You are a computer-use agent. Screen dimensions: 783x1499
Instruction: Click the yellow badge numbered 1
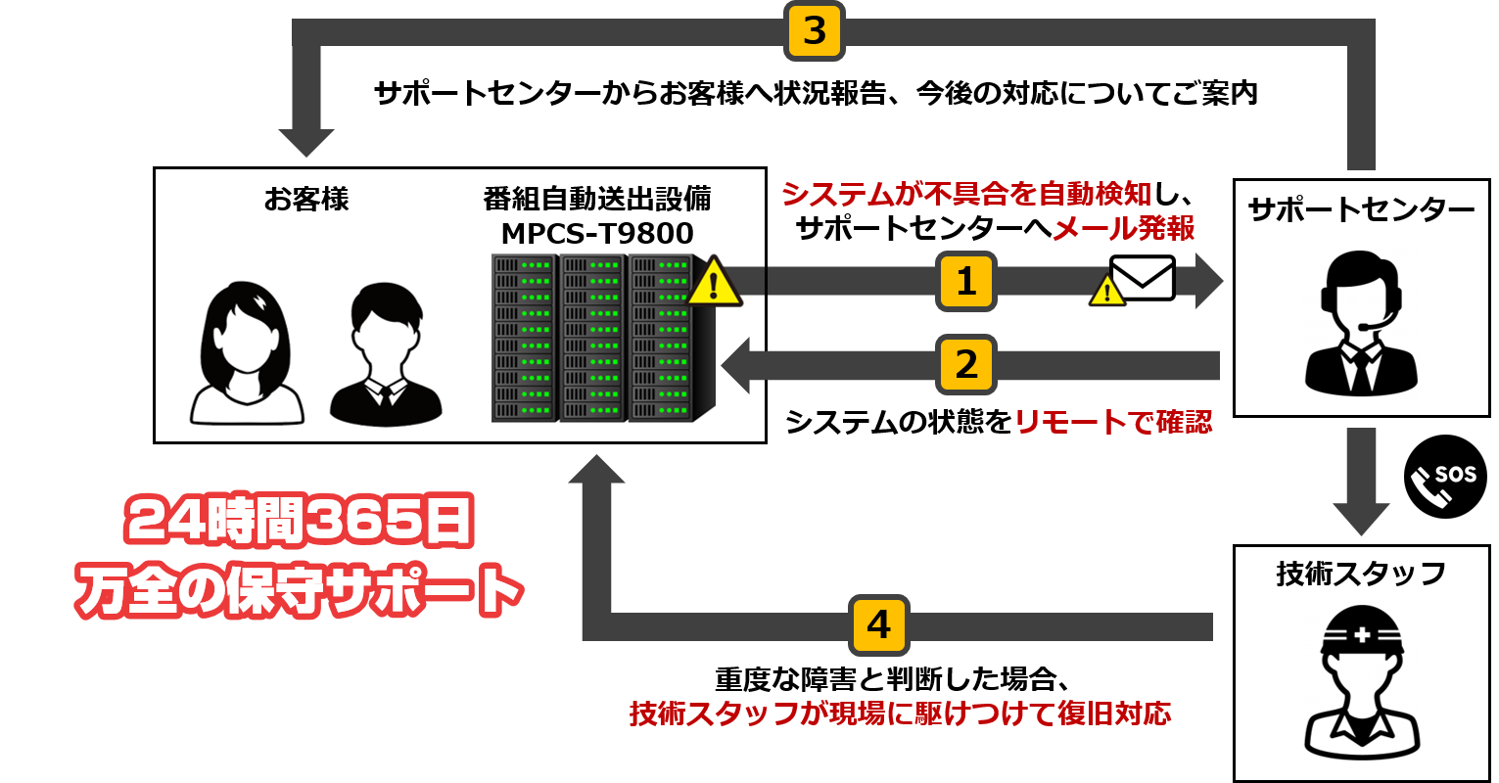(965, 282)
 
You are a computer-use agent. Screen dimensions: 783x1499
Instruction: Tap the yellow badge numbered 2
(965, 365)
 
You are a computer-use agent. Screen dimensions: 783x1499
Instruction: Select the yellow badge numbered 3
(814, 31)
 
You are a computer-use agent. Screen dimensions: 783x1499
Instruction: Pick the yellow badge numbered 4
(878, 624)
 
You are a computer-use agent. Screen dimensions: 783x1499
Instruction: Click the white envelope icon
(1143, 278)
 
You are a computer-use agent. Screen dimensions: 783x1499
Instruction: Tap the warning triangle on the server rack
(714, 283)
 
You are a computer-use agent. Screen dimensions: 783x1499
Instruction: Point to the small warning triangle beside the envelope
(1107, 291)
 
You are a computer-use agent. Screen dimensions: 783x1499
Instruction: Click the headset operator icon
(1360, 323)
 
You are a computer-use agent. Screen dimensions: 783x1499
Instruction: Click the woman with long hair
(248, 352)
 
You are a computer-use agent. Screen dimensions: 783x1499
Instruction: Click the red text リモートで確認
(1112, 422)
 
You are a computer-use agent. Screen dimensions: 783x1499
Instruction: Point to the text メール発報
(1123, 229)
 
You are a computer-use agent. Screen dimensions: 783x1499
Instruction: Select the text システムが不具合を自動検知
(966, 194)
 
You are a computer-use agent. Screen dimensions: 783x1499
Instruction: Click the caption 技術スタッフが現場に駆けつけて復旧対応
(900, 714)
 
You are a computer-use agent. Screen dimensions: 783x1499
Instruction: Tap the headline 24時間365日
(300, 521)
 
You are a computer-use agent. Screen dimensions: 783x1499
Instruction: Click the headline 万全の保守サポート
(300, 591)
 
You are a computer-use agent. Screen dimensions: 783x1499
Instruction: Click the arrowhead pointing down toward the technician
(1361, 519)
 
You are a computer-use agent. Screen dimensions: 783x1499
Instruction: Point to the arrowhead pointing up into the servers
(596, 470)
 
